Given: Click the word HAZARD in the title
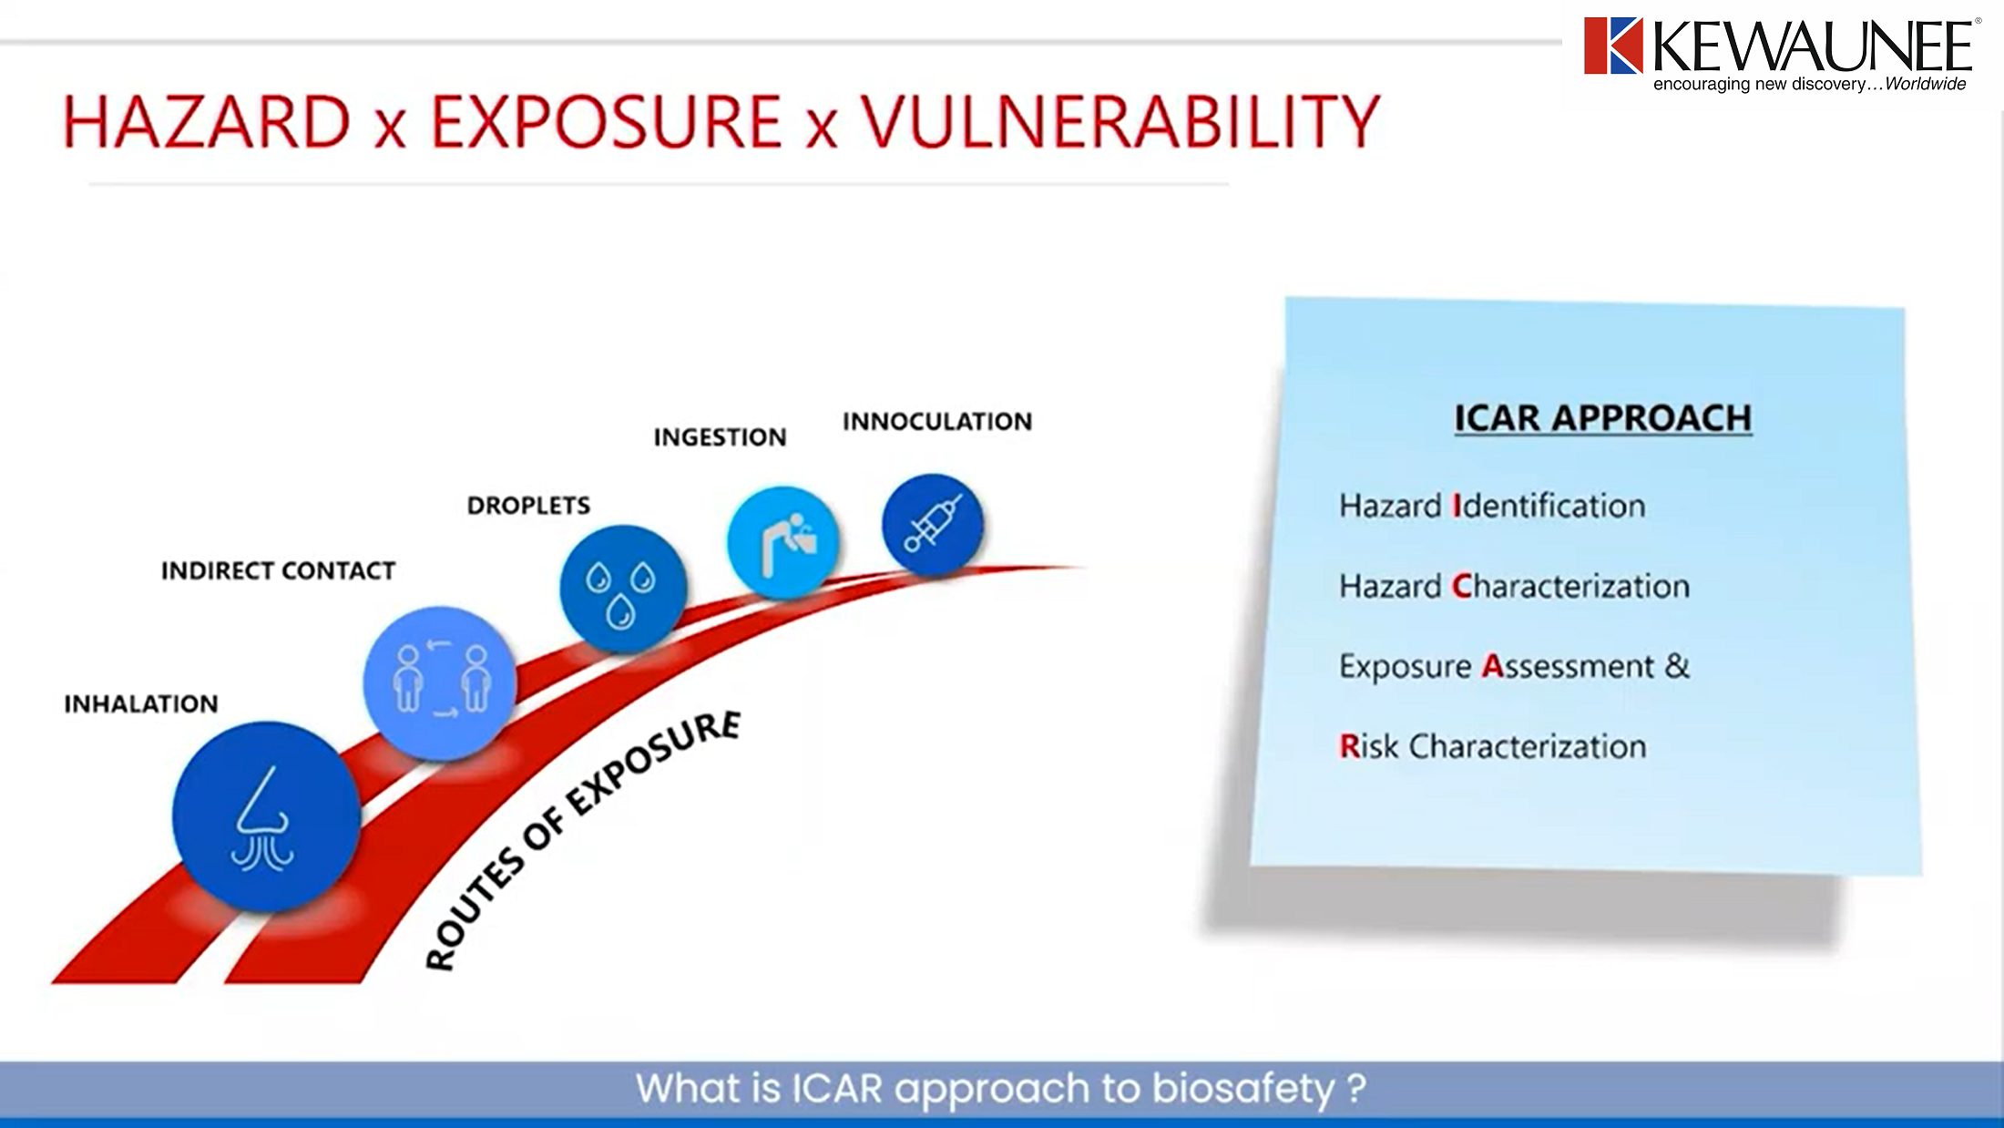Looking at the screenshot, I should click(x=207, y=122).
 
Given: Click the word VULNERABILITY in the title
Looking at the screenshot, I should click(x=1120, y=122).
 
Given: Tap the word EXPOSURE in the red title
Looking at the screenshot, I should click(x=606, y=122).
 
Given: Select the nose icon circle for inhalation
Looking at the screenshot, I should click(x=266, y=816).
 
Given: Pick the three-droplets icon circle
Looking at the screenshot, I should click(x=622, y=589).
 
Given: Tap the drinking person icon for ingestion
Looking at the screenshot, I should click(x=782, y=542).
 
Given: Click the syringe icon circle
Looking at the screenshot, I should click(x=932, y=525).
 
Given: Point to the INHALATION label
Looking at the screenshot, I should click(x=141, y=704).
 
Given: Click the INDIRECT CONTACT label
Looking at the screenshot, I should click(x=278, y=571).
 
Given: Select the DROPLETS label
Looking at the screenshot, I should click(x=528, y=506).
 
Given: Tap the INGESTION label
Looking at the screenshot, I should click(x=720, y=438).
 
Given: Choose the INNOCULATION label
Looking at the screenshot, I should click(x=937, y=422).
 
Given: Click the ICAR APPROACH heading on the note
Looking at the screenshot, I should click(x=1602, y=418).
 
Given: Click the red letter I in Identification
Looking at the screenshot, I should click(x=1456, y=507).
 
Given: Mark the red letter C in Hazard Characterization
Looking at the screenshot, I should click(x=1462, y=587).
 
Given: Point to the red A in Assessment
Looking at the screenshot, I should click(x=1492, y=667).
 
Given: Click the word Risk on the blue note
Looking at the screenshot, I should click(x=1368, y=747).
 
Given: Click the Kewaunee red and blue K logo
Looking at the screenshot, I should click(x=1612, y=46).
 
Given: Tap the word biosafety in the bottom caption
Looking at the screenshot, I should click(x=1242, y=1089).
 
